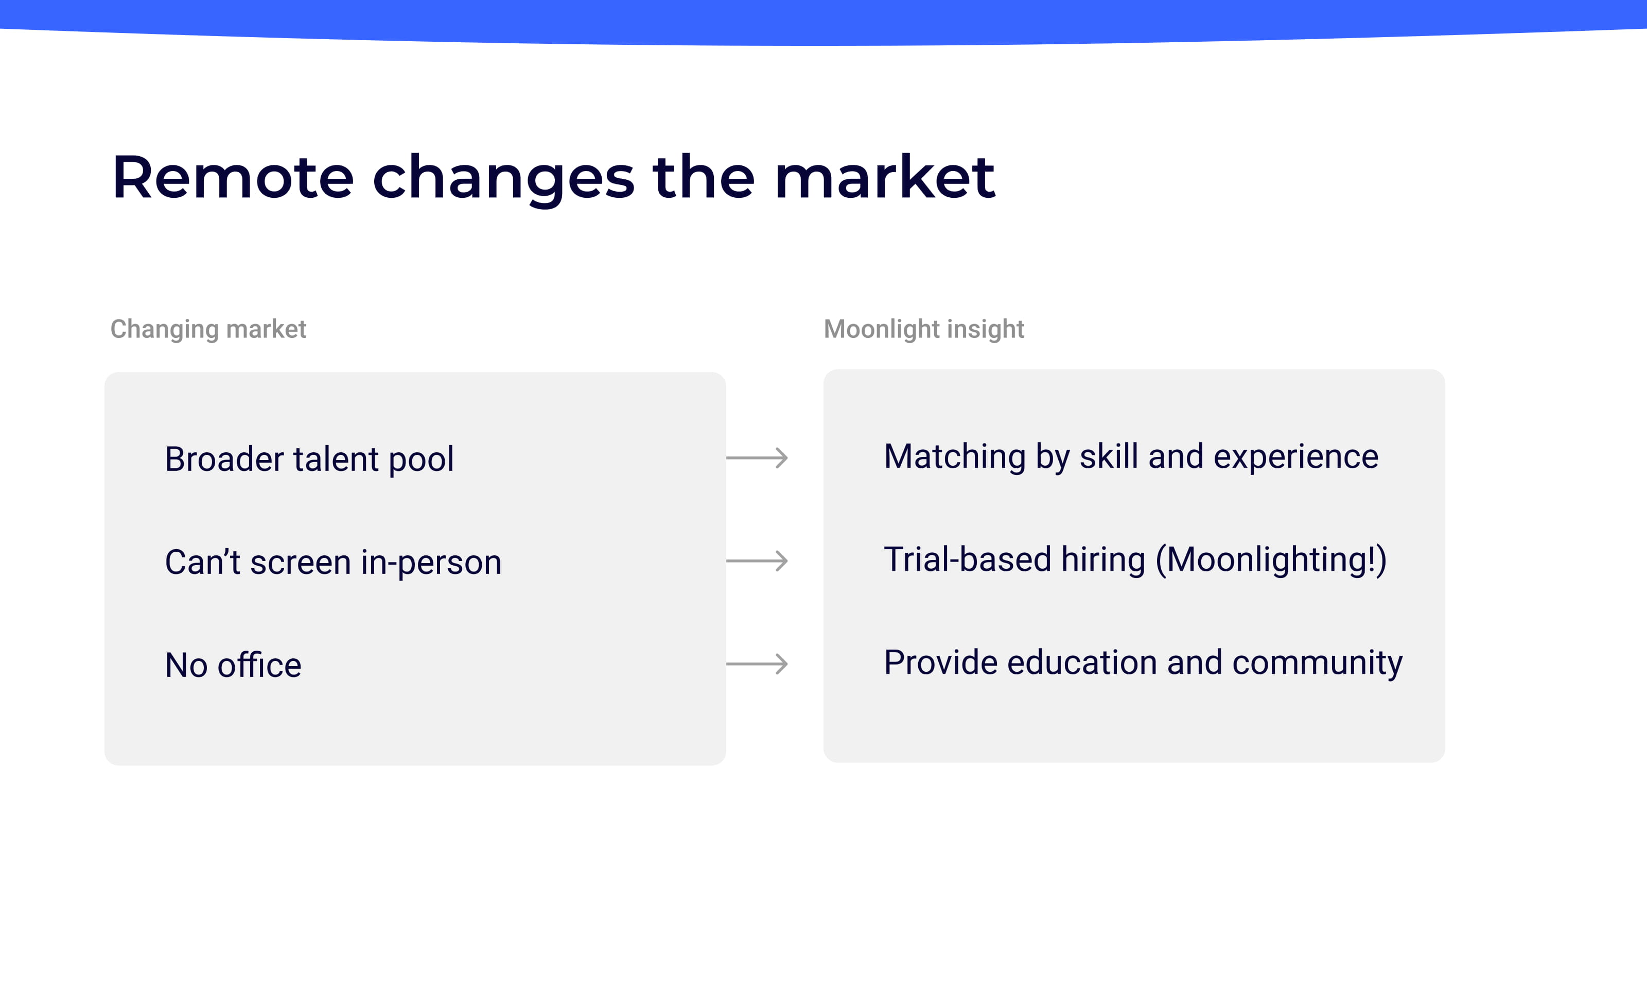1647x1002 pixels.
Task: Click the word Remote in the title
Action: click(233, 178)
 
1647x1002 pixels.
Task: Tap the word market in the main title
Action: click(884, 178)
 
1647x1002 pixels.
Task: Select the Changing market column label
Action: click(208, 329)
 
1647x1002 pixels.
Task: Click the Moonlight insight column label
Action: click(923, 329)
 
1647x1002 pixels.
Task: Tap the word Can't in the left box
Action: click(202, 562)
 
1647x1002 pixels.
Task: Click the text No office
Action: click(233, 666)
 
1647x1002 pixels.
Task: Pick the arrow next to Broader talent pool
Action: click(757, 458)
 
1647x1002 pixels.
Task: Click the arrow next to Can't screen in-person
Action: click(757, 561)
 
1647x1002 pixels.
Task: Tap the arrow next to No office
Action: click(757, 664)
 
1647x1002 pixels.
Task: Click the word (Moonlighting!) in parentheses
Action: click(1271, 561)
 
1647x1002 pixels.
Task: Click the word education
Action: click(1081, 663)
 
